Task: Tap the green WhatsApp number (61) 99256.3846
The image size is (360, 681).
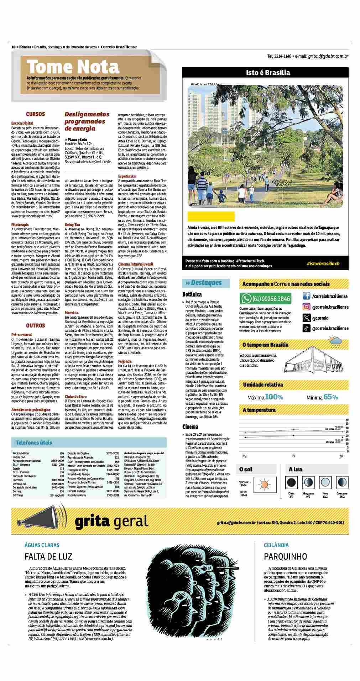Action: (266, 298)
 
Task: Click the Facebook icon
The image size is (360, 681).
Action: (306, 296)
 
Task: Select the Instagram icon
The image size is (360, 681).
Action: (306, 307)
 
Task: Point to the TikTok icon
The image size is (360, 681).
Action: (306, 329)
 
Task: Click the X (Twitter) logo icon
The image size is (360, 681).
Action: (306, 318)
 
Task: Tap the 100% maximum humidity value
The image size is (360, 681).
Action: (274, 397)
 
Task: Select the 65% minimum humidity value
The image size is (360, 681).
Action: (331, 397)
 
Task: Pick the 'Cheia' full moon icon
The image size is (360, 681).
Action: (291, 482)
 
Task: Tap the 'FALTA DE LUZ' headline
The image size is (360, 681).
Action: (48, 556)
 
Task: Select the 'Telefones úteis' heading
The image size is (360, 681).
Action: (34, 443)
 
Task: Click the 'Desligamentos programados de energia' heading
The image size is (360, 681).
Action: (87, 121)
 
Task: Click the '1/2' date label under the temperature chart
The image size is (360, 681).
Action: (293, 456)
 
